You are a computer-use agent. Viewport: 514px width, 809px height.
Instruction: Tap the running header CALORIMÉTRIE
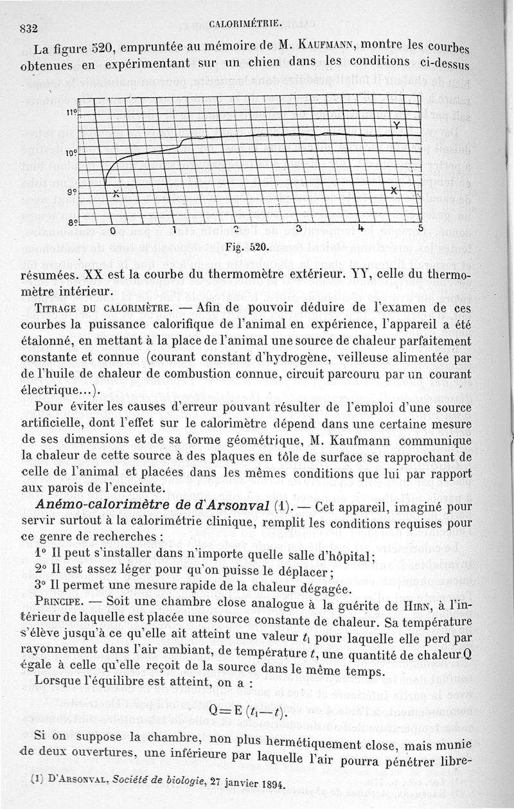(x=246, y=24)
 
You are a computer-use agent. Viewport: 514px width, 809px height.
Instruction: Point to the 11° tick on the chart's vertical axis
(x=71, y=112)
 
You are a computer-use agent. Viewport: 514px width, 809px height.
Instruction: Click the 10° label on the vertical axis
(x=71, y=154)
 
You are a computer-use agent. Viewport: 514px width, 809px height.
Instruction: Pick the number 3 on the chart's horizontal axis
(x=297, y=229)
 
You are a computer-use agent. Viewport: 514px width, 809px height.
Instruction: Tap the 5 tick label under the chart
(x=421, y=228)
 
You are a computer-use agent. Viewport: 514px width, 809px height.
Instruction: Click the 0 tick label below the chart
(x=112, y=231)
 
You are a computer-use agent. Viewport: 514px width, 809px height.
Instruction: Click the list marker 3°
(x=40, y=588)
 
